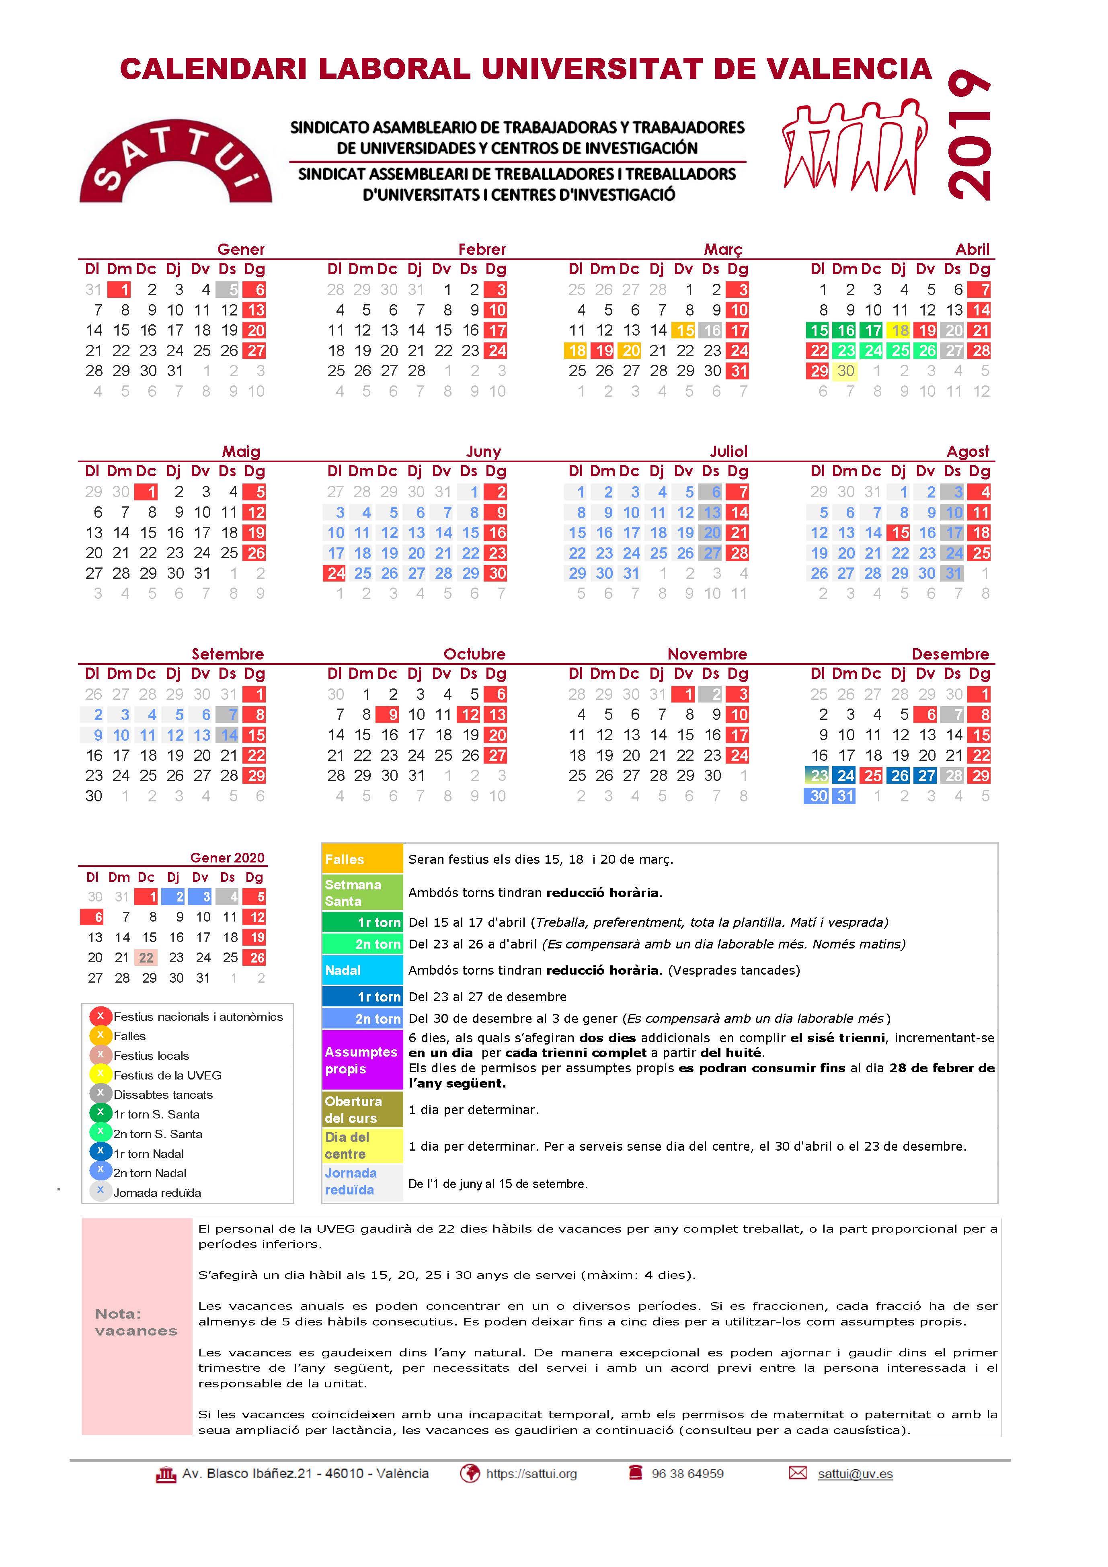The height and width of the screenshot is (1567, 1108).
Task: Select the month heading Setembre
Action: click(227, 654)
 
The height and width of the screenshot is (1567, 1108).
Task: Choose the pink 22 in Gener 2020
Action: click(146, 958)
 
